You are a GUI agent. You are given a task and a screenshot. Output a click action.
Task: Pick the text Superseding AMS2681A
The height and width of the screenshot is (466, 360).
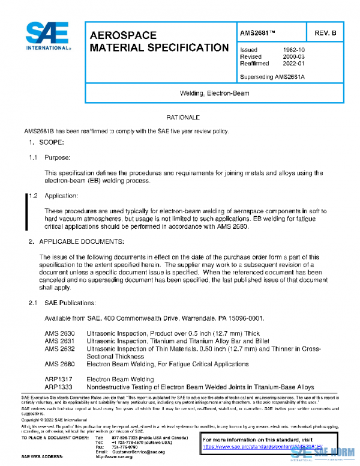point(272,77)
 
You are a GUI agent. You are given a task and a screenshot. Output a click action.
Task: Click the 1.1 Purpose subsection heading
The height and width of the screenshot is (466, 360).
point(58,157)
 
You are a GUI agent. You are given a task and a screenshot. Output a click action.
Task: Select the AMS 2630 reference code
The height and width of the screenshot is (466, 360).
point(59,333)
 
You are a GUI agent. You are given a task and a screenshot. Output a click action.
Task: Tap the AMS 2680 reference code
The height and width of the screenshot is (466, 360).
point(59,364)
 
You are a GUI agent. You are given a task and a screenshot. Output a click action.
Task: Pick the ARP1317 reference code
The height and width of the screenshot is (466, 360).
point(58,380)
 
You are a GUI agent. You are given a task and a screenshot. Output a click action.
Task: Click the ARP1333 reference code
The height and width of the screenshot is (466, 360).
point(58,387)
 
